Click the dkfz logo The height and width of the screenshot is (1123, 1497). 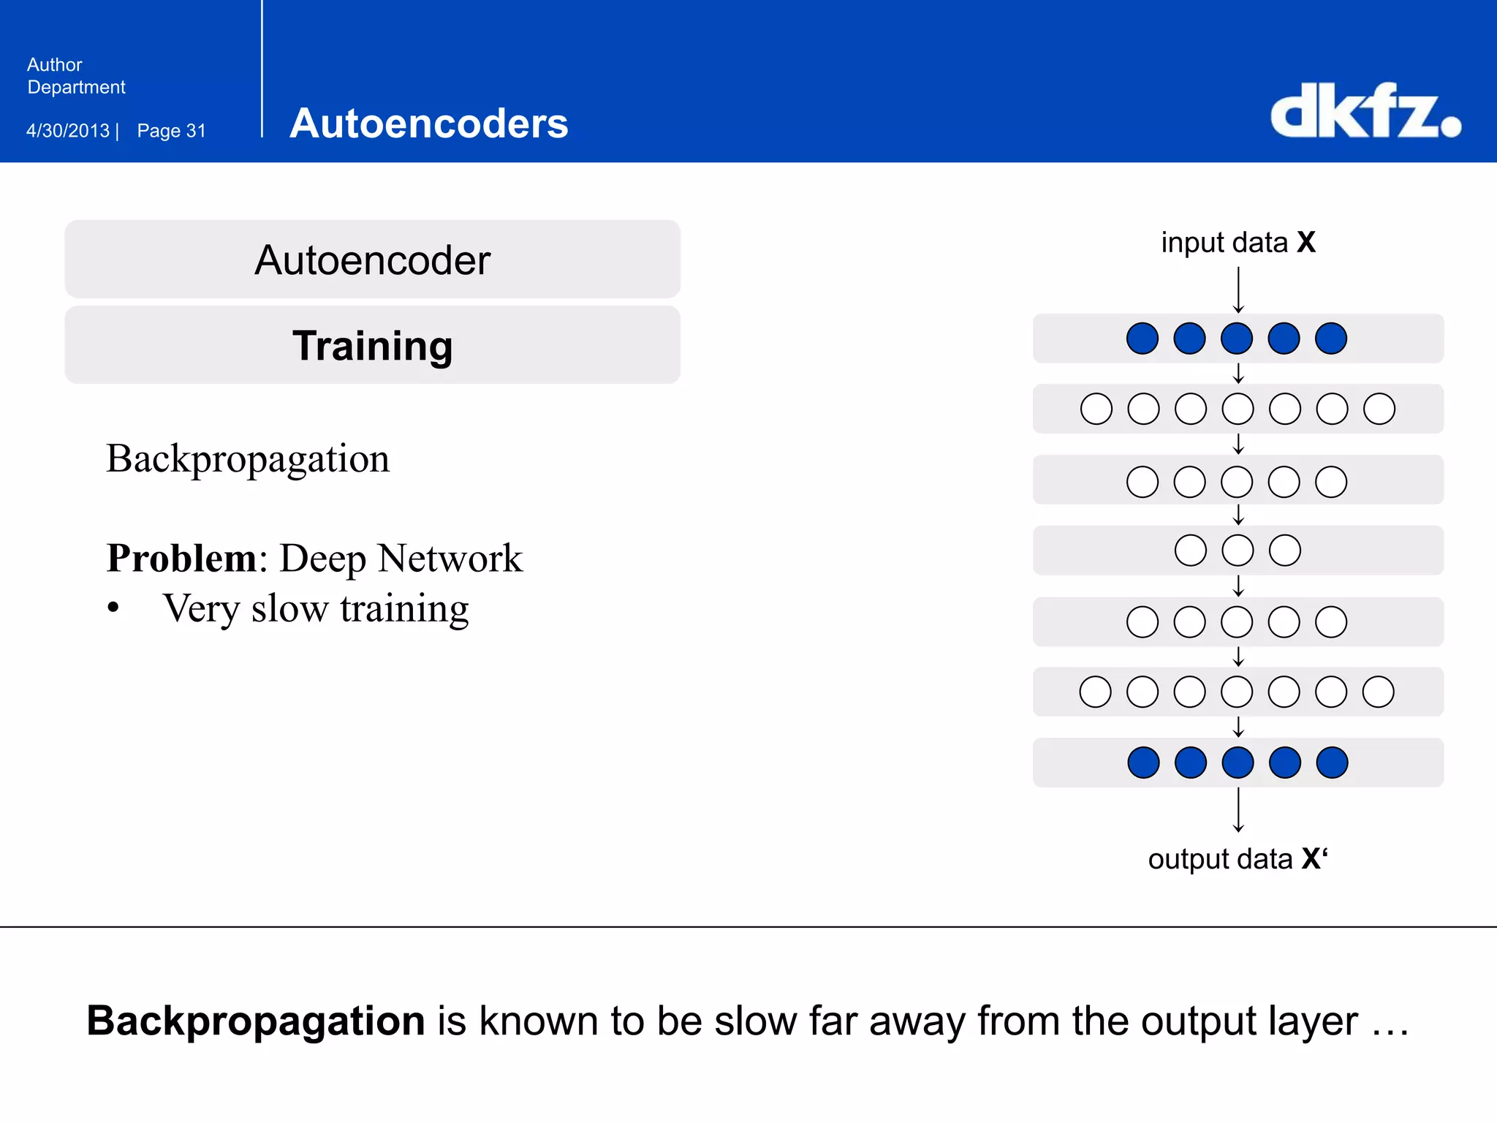[1365, 111]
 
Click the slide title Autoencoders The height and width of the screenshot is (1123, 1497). [429, 123]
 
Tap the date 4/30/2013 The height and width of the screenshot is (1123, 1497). [68, 131]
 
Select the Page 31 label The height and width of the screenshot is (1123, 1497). [172, 131]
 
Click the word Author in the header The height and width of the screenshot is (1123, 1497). [55, 65]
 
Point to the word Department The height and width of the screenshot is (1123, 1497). [77, 88]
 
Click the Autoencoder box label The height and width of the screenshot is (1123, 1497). [373, 260]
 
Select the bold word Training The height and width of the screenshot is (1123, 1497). [373, 346]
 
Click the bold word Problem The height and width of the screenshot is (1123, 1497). [181, 559]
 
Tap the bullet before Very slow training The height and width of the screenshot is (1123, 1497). [113, 608]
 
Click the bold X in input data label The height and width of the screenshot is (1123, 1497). [1306, 243]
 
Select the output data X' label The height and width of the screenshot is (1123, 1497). [1238, 859]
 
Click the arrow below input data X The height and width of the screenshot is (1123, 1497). [1238, 290]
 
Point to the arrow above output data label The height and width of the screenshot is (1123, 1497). [1238, 810]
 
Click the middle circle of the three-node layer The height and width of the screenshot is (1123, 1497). [1238, 551]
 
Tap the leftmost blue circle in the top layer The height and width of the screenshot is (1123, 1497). [1142, 339]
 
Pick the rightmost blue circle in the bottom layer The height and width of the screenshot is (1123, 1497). [1332, 763]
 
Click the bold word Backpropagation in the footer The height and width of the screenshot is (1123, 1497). [256, 1021]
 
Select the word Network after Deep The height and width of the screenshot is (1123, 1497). [451, 559]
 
